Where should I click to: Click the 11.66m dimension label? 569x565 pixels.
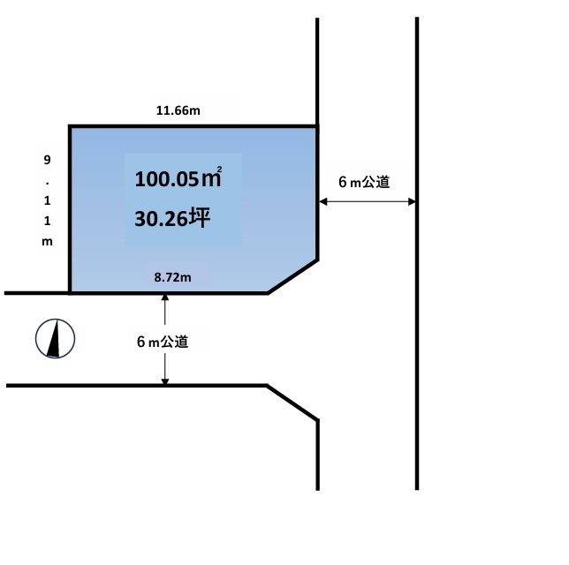178,110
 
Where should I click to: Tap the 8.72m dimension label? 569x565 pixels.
172,277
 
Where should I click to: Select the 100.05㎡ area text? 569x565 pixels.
178,177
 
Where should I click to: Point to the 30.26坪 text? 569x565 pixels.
172,218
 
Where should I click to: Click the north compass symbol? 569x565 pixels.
55,339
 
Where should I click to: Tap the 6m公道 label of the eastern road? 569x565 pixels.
364,182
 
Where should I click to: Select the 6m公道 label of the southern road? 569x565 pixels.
163,342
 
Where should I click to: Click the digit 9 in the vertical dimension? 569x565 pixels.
47,160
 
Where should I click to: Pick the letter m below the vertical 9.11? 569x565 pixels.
47,242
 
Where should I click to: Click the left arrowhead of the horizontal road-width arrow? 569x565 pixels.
323,201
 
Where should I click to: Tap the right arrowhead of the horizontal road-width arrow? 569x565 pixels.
412,201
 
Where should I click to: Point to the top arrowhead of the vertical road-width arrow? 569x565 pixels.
165,298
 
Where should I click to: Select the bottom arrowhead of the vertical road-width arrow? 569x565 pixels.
165,380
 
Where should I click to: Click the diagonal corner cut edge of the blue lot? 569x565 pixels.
293,276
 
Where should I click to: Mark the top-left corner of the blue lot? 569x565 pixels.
70,126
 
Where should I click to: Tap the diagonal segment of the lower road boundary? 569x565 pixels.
292,403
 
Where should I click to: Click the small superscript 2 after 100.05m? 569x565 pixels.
219,169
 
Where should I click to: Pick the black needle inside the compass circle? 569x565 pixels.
54,338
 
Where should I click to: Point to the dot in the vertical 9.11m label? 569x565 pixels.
47,184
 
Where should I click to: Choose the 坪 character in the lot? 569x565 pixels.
200,218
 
